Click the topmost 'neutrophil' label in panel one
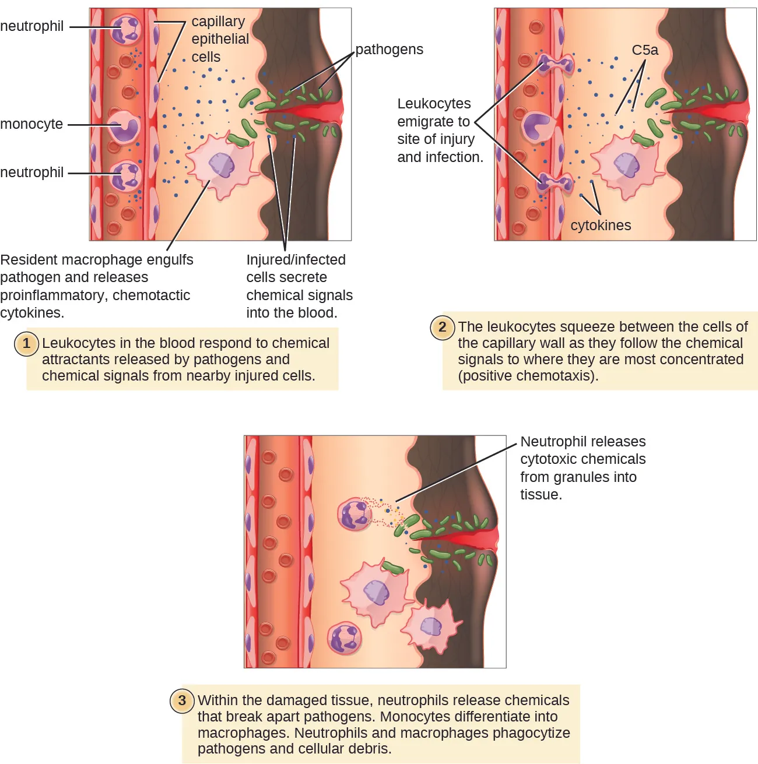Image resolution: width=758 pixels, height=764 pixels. pos(32,26)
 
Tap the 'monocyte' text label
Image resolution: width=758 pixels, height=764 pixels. pos(31,124)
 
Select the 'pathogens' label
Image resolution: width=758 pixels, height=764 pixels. pos(389,50)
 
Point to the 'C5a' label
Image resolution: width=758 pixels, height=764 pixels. pos(645,51)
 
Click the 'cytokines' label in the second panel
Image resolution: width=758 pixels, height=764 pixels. pos(601,226)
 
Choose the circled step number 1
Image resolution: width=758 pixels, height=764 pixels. pos(26,344)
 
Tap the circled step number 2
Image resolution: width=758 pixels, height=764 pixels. pos(442,327)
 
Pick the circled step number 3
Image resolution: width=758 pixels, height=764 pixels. pos(182,700)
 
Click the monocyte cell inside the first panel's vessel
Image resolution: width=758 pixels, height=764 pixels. pos(124,126)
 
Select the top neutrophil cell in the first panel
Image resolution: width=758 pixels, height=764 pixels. pos(127,30)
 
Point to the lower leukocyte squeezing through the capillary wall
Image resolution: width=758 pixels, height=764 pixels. pos(555,183)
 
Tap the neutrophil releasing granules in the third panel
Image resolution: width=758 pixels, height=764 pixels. pos(355,514)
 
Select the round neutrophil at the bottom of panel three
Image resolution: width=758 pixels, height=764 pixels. pos(345,638)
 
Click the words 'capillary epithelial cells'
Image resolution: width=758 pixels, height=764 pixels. pos(220,39)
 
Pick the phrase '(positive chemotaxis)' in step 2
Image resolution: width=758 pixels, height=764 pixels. pos(528,376)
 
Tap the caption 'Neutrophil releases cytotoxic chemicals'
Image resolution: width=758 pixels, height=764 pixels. pos(582,450)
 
